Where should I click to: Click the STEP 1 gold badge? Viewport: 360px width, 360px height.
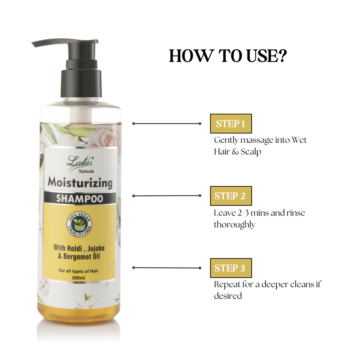coord(231,124)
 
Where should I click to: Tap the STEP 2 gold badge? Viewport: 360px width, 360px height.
coord(231,196)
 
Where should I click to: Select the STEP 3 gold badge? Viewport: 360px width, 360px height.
coord(231,268)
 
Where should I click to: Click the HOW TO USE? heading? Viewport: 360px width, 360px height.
coord(228,56)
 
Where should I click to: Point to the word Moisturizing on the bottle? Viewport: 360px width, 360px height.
coord(80,183)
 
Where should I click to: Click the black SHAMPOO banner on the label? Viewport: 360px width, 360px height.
coord(80,198)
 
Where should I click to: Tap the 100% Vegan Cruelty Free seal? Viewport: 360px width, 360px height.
coord(79,225)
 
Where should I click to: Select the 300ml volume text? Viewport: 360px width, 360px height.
coord(79,278)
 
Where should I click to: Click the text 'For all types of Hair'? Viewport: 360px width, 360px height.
coord(79,271)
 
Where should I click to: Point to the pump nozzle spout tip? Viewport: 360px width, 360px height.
coord(34,44)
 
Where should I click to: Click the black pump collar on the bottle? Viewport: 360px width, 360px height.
coord(81,83)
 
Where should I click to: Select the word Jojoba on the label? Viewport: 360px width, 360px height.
coord(94,248)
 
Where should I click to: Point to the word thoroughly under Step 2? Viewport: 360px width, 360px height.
coord(234,225)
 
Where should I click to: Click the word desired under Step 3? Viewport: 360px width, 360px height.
coord(228,296)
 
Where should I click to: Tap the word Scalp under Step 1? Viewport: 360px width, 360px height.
coord(251,152)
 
